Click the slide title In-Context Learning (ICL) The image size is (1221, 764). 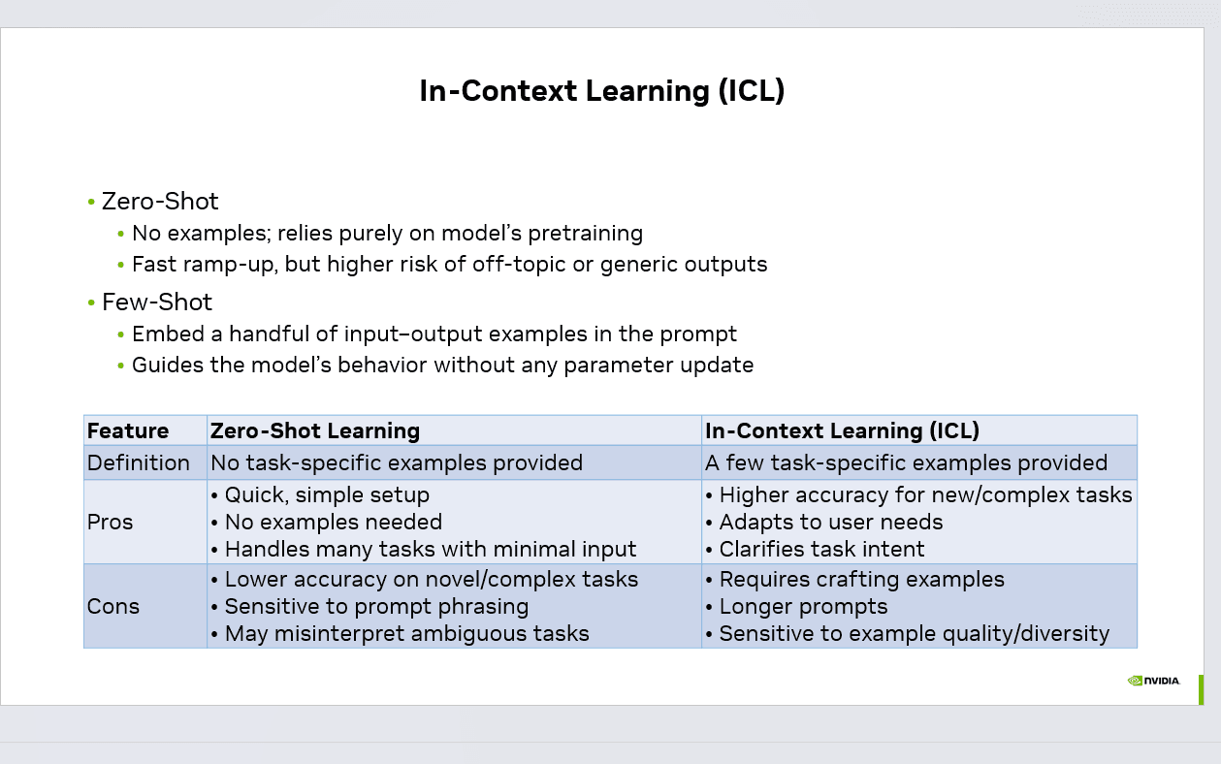(x=601, y=91)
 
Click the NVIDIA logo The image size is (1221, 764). (x=1153, y=681)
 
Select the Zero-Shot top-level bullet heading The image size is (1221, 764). (x=160, y=202)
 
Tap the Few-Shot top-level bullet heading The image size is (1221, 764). (x=157, y=302)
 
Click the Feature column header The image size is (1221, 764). (x=128, y=431)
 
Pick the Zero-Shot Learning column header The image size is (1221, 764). (x=315, y=431)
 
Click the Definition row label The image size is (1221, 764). (x=139, y=463)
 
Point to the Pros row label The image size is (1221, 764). (x=110, y=523)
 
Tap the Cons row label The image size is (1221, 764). (x=113, y=607)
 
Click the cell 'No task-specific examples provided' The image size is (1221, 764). (x=397, y=463)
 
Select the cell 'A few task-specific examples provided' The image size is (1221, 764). (x=906, y=463)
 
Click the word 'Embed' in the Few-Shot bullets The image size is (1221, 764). (x=163, y=334)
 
